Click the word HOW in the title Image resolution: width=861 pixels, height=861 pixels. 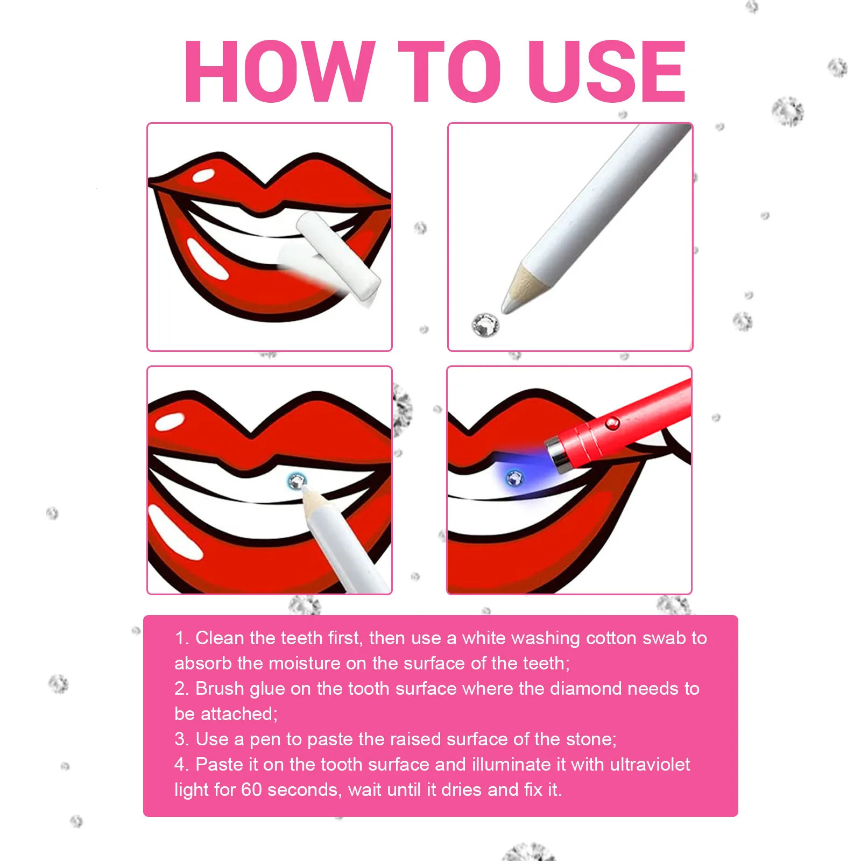(x=280, y=71)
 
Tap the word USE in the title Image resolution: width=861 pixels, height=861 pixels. (x=606, y=71)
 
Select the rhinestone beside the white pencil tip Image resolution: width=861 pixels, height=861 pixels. (x=485, y=325)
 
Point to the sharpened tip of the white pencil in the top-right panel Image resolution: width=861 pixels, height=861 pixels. (x=509, y=305)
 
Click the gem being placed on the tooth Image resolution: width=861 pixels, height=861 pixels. (x=297, y=481)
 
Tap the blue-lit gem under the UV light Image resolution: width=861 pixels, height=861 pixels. (x=514, y=477)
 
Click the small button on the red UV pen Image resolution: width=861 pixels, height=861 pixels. (x=611, y=423)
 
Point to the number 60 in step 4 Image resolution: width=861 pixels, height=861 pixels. (x=251, y=789)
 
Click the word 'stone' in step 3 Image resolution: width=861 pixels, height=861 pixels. (x=590, y=739)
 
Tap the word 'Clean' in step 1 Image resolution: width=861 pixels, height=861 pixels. (x=220, y=638)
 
